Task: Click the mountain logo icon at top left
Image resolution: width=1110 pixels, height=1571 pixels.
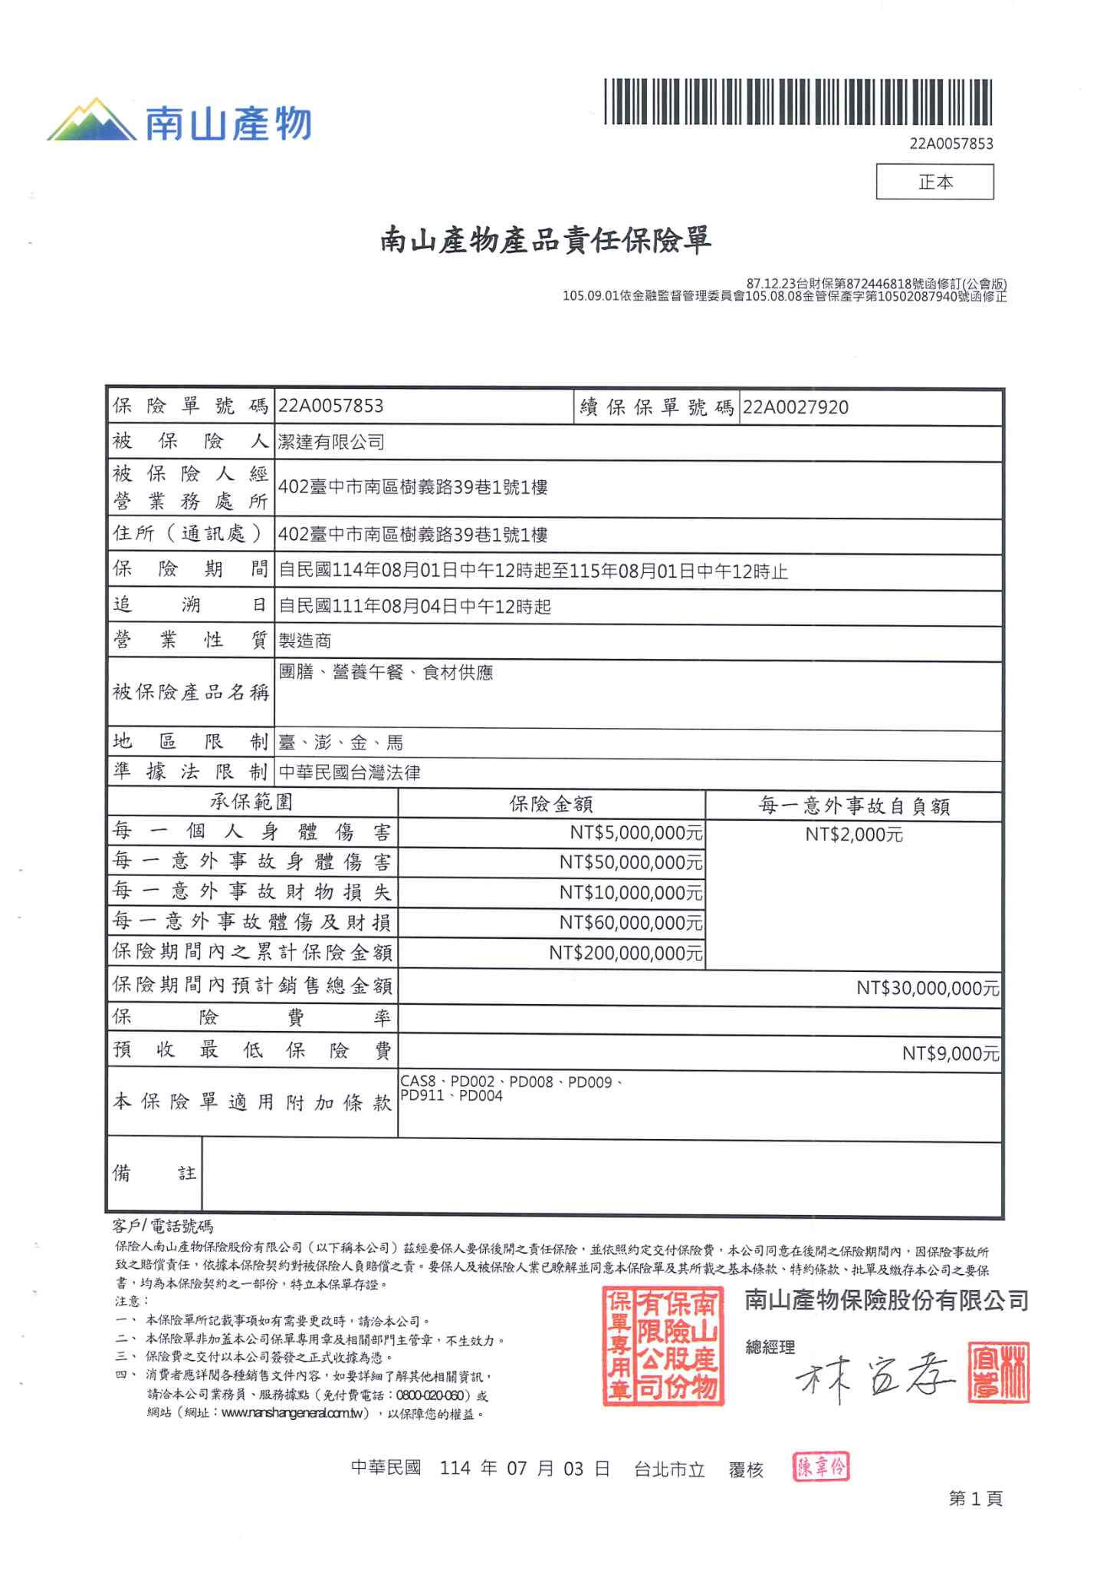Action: [x=92, y=120]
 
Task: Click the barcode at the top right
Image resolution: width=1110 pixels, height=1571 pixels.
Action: [x=798, y=101]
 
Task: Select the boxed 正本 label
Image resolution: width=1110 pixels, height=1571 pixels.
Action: [x=934, y=182]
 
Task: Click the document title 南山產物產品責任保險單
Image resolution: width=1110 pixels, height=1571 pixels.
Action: [x=546, y=241]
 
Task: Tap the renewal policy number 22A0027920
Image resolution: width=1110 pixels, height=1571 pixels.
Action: [x=796, y=407]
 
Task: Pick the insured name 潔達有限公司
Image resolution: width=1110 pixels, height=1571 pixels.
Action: [x=331, y=442]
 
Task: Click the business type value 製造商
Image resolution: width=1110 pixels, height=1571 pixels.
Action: [x=305, y=641]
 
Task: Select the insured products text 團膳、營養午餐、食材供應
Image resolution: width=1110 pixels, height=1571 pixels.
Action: [x=386, y=673]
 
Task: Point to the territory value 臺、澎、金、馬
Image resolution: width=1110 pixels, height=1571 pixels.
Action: [x=341, y=742]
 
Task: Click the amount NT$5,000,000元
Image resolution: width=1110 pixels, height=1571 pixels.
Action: [x=636, y=832]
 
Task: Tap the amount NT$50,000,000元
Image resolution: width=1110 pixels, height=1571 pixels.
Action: [x=631, y=862]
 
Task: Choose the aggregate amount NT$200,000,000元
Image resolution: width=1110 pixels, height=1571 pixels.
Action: [x=626, y=953]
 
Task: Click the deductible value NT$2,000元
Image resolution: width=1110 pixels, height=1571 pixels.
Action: [x=854, y=835]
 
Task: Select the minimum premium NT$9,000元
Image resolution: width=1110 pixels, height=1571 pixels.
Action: [x=951, y=1053]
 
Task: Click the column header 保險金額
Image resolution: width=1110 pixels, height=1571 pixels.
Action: [x=551, y=804]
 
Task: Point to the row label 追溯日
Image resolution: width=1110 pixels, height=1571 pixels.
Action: [x=189, y=605]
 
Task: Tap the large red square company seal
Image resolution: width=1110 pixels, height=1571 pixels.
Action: [x=663, y=1345]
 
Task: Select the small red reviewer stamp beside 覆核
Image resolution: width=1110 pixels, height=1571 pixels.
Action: [x=821, y=1467]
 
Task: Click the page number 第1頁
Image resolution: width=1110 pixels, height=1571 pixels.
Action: [x=975, y=1498]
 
